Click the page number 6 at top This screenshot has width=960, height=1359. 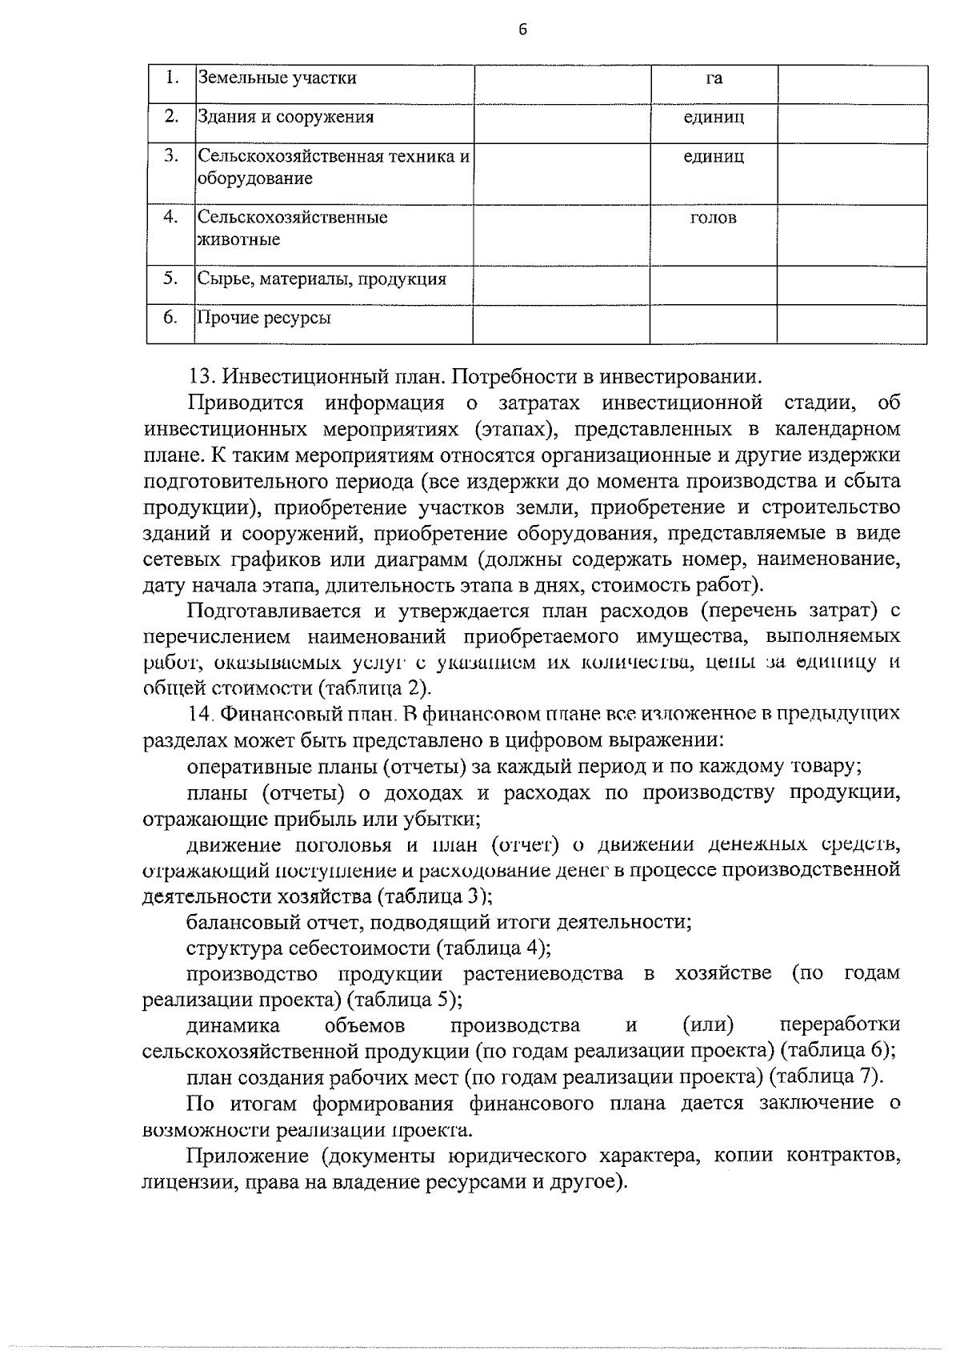tap(522, 30)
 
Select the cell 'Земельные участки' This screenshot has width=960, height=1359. tap(277, 78)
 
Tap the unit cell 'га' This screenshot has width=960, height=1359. tap(714, 78)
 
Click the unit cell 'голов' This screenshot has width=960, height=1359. tap(713, 218)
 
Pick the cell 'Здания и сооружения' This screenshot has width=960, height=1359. tap(286, 118)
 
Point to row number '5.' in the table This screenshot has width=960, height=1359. tap(170, 279)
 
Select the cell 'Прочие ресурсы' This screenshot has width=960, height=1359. tap(264, 319)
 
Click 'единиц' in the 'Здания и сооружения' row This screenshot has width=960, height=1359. tap(714, 118)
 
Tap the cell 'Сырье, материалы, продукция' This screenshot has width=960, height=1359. tap(322, 279)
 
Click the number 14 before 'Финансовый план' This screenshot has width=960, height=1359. tap(198, 714)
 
